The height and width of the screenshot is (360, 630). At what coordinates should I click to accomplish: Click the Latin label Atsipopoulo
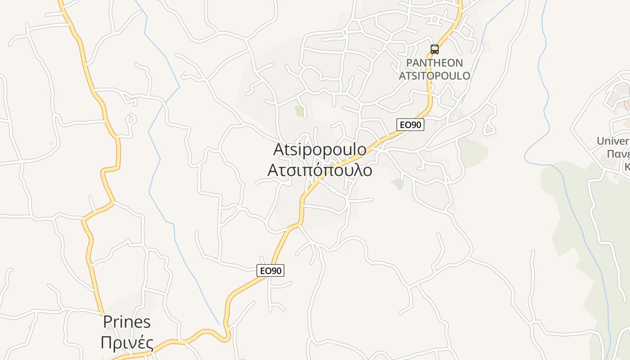coord(319,150)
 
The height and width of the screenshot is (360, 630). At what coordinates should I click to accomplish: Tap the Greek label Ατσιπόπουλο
coord(319,171)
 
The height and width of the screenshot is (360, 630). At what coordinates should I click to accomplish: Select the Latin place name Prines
coord(127,322)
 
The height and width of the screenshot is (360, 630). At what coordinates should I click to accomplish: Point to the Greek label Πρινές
coord(127,343)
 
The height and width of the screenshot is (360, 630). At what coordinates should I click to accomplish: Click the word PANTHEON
coord(434,63)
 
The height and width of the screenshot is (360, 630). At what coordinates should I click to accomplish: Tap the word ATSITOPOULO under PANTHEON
coord(434,76)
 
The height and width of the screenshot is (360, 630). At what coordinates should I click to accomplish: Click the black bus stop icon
coord(434,49)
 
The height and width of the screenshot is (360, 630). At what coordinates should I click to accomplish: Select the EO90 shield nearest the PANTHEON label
coord(410,125)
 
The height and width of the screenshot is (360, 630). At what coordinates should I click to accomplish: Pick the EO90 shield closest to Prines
coord(271,270)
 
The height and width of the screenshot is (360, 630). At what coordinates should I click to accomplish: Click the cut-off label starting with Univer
coord(613,141)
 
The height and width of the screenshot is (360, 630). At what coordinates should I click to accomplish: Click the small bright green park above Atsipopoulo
coord(299,111)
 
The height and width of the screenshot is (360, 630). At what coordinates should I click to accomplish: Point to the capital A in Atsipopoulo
coord(280,150)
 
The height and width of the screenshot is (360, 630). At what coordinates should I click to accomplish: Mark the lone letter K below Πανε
coord(626,167)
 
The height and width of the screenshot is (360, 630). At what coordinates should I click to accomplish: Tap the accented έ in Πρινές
coord(140,342)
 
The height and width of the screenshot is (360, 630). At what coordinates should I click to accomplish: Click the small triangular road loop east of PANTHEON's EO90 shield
coord(489,129)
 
